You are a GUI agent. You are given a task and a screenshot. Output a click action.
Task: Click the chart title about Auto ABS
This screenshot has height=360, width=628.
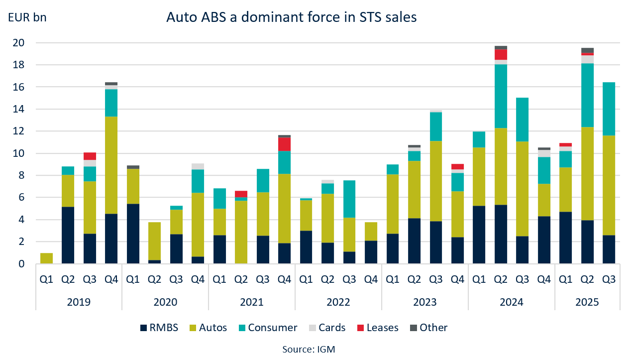point(291,18)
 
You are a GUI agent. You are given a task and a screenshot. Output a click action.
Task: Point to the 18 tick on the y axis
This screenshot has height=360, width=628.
point(18,65)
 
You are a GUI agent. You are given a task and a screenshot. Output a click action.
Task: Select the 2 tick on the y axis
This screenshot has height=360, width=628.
point(21,242)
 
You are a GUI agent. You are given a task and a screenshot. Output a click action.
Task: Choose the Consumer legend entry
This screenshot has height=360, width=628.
point(267,328)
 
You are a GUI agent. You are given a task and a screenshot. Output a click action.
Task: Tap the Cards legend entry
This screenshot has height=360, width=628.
point(327,328)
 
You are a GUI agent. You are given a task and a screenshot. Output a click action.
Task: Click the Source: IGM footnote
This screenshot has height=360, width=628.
point(309,349)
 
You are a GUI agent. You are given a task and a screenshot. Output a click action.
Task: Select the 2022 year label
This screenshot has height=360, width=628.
point(338,302)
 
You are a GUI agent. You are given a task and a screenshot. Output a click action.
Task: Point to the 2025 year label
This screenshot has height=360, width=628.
point(587,302)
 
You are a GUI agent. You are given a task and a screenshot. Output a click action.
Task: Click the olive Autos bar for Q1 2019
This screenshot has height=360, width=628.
point(46,258)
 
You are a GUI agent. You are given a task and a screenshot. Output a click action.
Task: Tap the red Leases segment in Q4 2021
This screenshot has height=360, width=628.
point(285,144)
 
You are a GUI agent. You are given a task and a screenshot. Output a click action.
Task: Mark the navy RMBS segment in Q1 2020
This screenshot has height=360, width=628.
point(133,234)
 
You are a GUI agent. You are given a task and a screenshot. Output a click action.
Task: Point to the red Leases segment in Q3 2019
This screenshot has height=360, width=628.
point(90,156)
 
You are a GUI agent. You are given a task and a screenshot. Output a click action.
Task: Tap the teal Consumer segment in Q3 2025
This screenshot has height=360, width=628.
point(609,109)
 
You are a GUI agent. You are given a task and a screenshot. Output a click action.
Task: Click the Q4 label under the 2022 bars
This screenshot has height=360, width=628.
point(371,279)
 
